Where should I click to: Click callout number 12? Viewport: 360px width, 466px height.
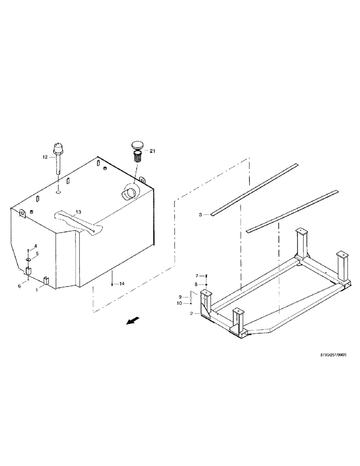[x=45, y=158]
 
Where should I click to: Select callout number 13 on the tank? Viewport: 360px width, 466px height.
[x=79, y=212]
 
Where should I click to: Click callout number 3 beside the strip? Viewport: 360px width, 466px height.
[x=201, y=215]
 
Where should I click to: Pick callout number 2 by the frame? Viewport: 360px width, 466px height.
[x=192, y=314]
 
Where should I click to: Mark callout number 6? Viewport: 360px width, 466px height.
[x=20, y=286]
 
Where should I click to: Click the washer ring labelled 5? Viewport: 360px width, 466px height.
[x=28, y=260]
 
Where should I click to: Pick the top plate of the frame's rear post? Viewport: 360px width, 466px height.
[x=301, y=231]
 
